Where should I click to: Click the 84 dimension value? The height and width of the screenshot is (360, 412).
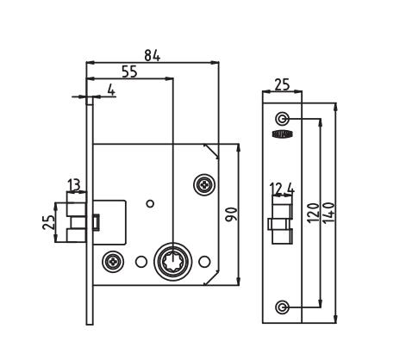(x=152, y=55)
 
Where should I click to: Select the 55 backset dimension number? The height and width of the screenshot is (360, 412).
(x=129, y=72)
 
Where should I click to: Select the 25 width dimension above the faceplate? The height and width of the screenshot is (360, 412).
(x=282, y=84)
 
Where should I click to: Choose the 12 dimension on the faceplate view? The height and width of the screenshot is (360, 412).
(x=276, y=189)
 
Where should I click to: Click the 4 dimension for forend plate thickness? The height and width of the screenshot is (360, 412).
(x=110, y=89)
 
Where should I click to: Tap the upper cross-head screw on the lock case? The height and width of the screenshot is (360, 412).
(x=204, y=183)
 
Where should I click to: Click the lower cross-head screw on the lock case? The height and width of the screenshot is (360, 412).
(x=112, y=260)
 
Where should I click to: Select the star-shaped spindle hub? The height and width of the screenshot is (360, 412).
(x=172, y=260)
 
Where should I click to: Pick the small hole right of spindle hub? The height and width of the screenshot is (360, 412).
(x=204, y=260)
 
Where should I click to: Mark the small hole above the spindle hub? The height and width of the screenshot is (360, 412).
(x=150, y=203)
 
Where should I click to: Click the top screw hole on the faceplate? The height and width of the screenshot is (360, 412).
(x=281, y=118)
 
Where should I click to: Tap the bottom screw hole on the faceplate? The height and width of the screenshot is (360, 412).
(x=281, y=307)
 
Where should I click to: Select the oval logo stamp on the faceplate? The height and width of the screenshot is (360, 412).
(x=281, y=134)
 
